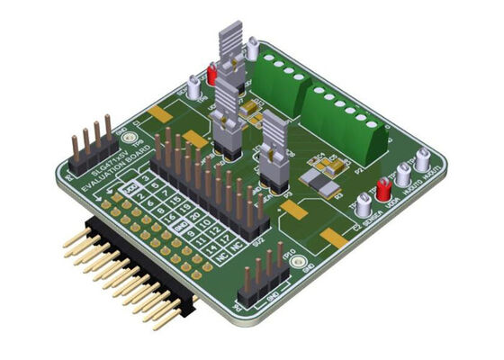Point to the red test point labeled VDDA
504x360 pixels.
coord(383,190)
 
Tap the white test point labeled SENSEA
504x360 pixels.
coord(363,205)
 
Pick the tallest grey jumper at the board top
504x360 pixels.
coord(231,54)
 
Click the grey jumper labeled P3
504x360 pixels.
coord(273,157)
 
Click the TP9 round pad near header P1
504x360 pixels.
coord(130,139)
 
